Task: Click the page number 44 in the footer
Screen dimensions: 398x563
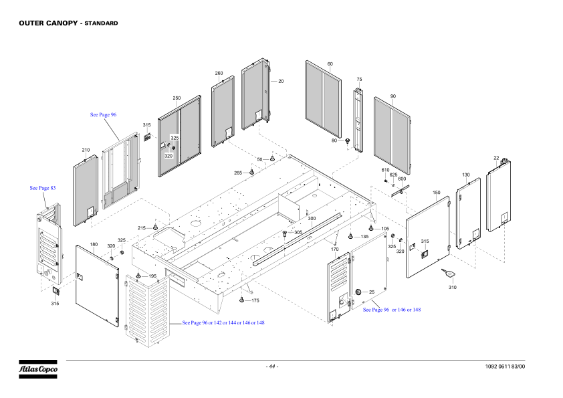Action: click(272, 367)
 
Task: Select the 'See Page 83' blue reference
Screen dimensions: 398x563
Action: click(42, 188)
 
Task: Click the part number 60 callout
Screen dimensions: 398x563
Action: click(330, 64)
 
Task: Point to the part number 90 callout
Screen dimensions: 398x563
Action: click(393, 96)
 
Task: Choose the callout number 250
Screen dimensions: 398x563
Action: click(177, 98)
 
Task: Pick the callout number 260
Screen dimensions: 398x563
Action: click(219, 73)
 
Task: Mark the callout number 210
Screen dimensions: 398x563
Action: click(86, 150)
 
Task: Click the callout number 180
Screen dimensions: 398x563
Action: click(94, 245)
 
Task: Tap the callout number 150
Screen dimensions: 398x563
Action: click(436, 193)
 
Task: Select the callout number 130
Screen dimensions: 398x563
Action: click(466, 175)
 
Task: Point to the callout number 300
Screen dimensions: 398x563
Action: click(312, 219)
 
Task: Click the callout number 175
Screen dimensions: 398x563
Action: click(255, 301)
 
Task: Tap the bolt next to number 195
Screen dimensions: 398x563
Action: click(138, 276)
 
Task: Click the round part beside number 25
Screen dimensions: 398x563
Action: click(358, 292)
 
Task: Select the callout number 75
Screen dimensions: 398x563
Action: click(359, 80)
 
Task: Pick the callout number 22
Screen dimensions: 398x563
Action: click(496, 158)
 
